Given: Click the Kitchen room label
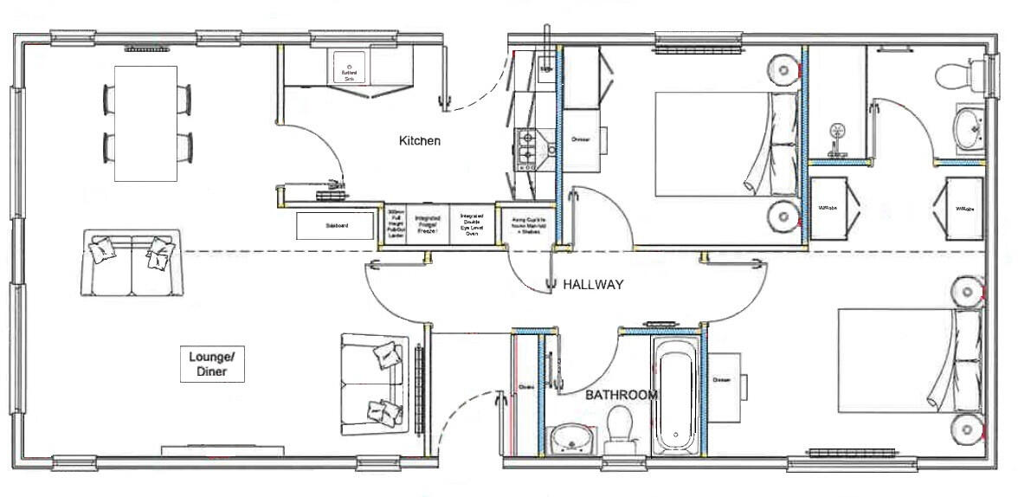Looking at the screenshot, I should coord(420,140).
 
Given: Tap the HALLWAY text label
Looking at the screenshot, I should coord(593,284).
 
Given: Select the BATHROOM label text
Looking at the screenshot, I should coord(621,395).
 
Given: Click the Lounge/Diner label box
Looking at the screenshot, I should coord(212,365).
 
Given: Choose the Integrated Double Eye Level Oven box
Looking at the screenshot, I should coord(472,225).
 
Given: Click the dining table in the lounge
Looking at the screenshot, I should coord(146,123).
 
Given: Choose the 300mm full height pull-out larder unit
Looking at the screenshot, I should coord(396,225).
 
